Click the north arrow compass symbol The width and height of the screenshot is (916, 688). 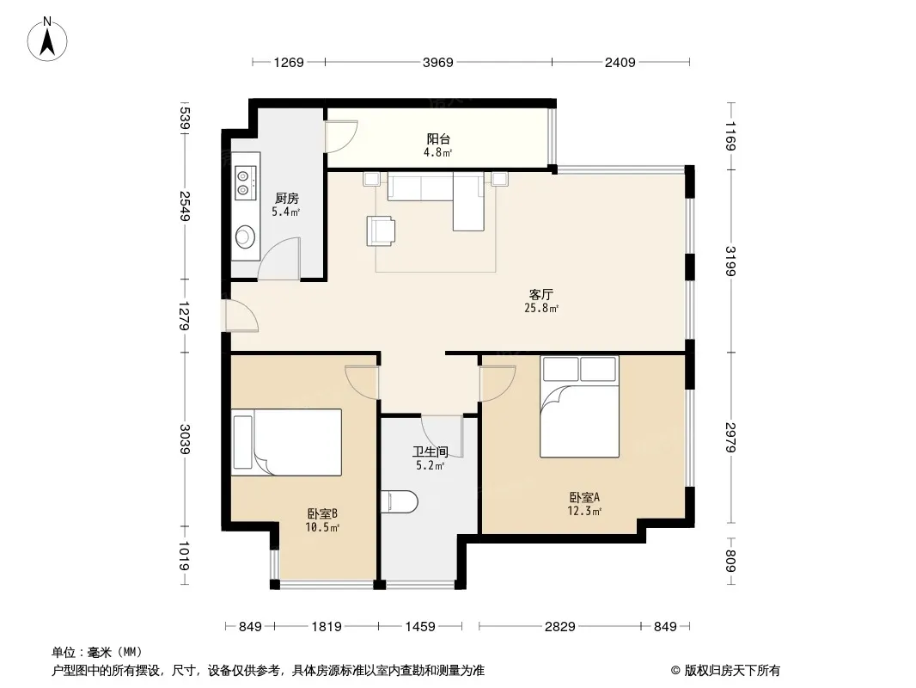(x=47, y=39)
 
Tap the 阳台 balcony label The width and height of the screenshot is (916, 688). (x=438, y=139)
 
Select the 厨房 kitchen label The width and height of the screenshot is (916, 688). (x=286, y=199)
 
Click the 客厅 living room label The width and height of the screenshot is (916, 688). (x=541, y=295)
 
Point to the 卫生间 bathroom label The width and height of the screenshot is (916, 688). (x=430, y=451)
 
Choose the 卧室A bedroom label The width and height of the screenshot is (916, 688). (x=585, y=497)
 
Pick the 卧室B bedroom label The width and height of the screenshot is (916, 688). (x=322, y=513)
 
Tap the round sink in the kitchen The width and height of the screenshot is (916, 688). (x=246, y=236)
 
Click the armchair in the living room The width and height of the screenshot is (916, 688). (x=381, y=230)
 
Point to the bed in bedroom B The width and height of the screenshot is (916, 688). (x=286, y=443)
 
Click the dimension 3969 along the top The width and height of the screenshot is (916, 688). (x=438, y=62)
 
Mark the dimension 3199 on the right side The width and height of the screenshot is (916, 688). (x=730, y=261)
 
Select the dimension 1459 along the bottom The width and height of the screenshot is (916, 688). (x=420, y=627)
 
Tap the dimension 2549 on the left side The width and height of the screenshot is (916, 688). (x=185, y=206)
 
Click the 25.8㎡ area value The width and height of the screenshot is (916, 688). (x=541, y=308)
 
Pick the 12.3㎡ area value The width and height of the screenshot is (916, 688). (x=585, y=511)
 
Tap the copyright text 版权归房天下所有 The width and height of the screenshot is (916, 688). (x=732, y=671)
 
